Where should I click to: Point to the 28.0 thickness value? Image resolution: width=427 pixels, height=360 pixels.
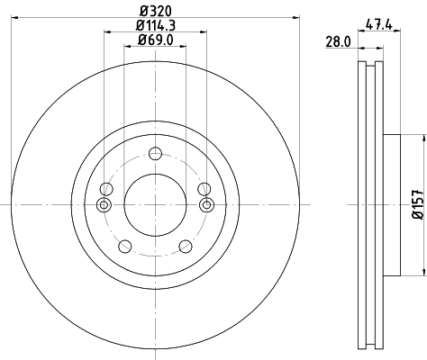tap(338, 41)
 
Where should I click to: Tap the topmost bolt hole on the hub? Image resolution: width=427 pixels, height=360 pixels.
tap(155, 152)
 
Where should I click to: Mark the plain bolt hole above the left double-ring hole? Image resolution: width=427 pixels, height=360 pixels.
tap(106, 188)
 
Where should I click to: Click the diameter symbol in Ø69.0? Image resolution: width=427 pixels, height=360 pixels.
tap(141, 40)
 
